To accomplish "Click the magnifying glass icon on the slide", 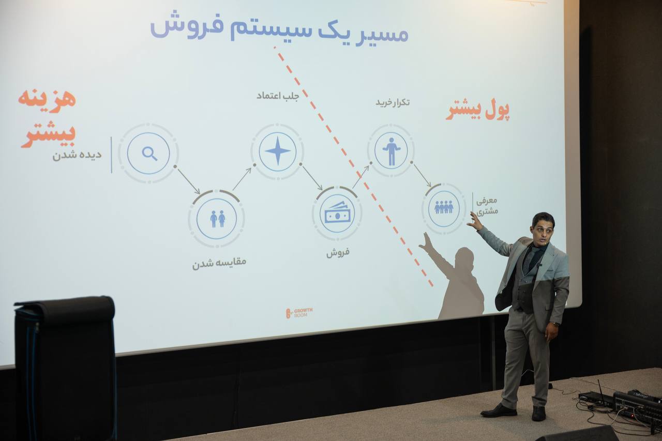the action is tap(149, 154).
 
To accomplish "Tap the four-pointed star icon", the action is tap(277, 151).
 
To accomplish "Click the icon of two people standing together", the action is tap(218, 219).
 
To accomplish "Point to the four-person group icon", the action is tap(444, 207).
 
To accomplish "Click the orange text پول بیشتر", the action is tap(477, 111).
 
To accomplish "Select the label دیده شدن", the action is tap(77, 155).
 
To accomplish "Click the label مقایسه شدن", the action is tap(219, 263).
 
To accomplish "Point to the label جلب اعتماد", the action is tap(278, 96).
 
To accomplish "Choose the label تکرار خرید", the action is tap(393, 102).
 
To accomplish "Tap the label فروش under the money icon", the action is tap(338, 252).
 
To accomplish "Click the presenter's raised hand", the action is tap(475, 221).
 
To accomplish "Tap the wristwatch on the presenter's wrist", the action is tap(556, 324).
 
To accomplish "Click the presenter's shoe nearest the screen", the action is tap(499, 410).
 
